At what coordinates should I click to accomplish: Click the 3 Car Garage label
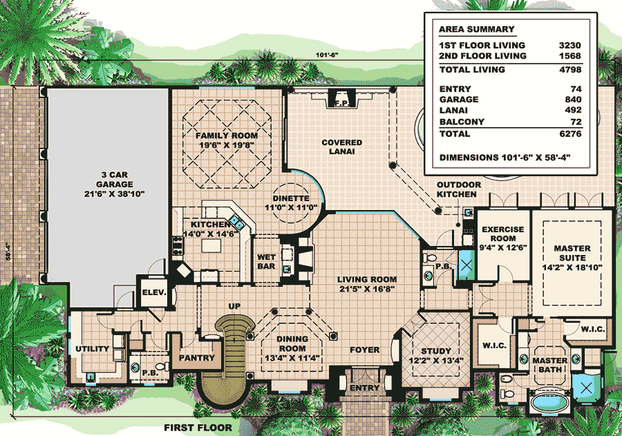tap(115, 180)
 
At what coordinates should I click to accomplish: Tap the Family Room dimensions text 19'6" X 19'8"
tap(227, 145)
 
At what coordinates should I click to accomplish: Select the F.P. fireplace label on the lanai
tap(341, 103)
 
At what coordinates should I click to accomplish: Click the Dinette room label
tap(291, 198)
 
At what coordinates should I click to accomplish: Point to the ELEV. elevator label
tap(154, 292)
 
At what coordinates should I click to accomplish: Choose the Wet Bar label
tap(266, 261)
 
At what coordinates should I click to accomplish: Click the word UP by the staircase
tap(234, 306)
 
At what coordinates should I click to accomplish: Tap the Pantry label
tap(197, 358)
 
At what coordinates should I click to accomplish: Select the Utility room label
tap(93, 349)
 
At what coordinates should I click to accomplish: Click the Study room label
tap(436, 351)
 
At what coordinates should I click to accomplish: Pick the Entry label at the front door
tap(364, 388)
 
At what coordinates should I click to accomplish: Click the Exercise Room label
tap(503, 234)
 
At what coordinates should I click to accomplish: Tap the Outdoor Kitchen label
tap(459, 189)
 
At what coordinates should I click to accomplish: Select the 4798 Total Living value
tap(570, 69)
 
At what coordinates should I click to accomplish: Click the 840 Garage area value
tap(573, 99)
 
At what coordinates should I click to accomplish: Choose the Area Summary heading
tap(476, 29)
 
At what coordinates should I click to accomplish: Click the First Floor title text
tap(198, 428)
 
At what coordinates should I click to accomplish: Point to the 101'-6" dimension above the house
tap(326, 55)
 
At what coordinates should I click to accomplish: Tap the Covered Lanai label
tap(342, 146)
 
